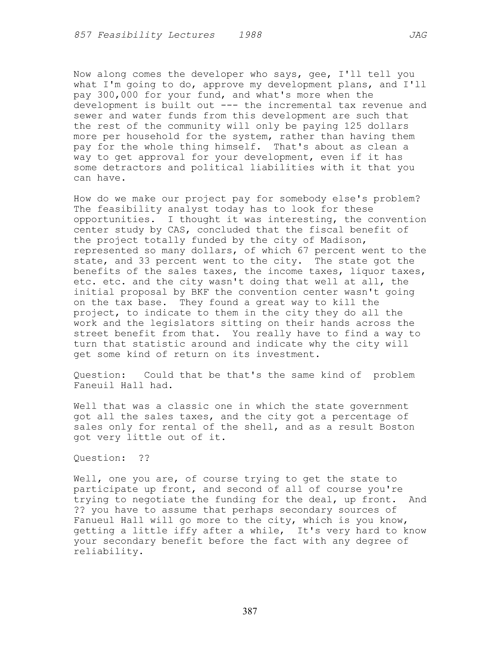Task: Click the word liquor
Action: (x=367, y=271)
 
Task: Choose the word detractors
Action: (x=132, y=168)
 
